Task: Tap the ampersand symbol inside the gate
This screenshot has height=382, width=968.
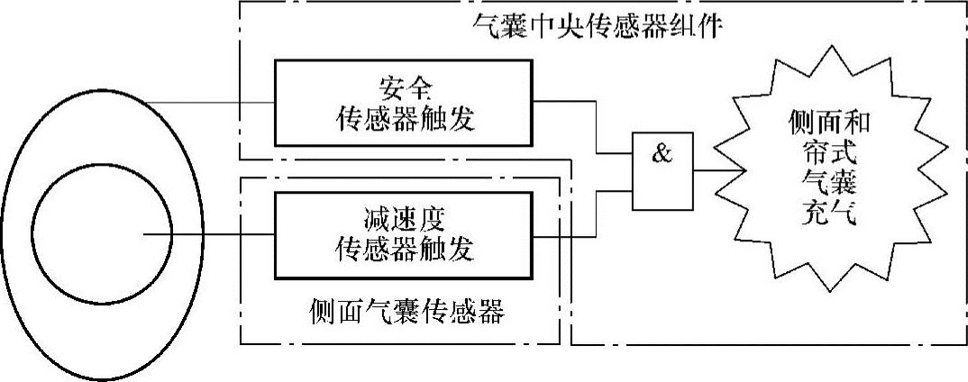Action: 662,155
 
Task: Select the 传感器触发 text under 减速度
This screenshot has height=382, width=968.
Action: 403,250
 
